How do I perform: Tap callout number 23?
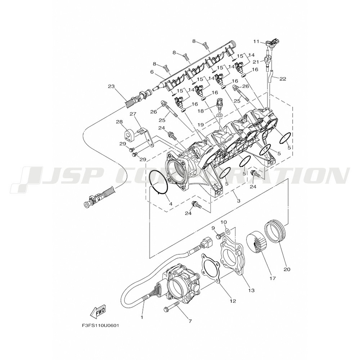coord(111,86)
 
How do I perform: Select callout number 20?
coord(287,269)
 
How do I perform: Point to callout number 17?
coord(273,278)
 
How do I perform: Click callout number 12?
coord(233,301)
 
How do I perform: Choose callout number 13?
coord(251,291)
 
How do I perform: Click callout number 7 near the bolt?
coord(190,321)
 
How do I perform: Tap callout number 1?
coord(142,318)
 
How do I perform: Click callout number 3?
coord(239,201)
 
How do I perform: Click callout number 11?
coord(256,41)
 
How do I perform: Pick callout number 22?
coord(283,79)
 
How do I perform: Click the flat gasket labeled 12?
coord(211,267)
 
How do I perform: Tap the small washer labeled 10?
coord(228,230)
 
